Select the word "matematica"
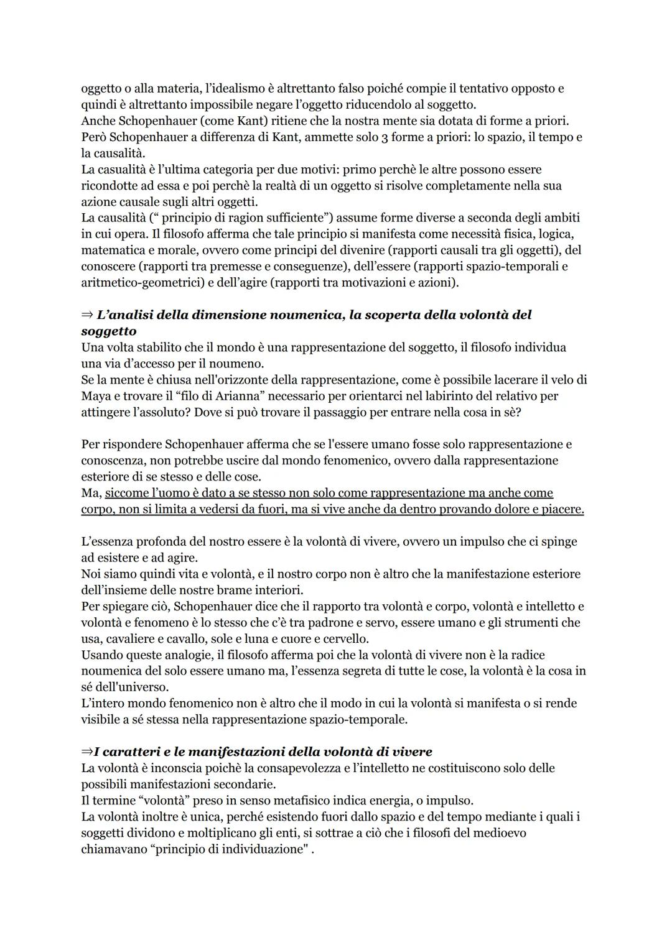pos(111,250)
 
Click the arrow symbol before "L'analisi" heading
pos(86,315)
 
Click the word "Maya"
pos(95,395)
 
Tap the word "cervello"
pos(346,638)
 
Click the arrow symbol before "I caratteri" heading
pos(86,752)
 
